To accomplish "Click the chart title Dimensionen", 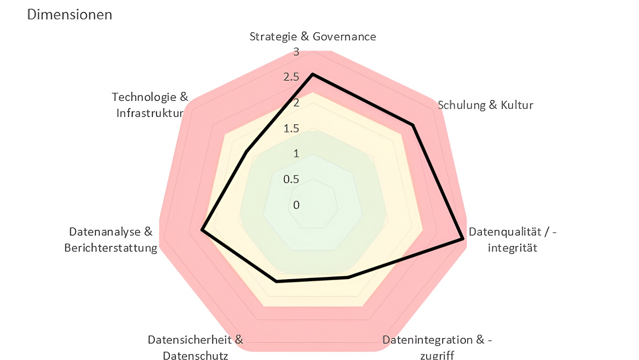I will coord(70,14).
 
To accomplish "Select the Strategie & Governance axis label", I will coord(313,36).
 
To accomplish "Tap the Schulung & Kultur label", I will coord(486,105).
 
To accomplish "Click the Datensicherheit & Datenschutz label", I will coord(196,347).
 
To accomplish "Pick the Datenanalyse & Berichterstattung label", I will coord(111,239).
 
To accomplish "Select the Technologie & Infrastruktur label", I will coord(151,105).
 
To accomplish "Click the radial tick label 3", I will coord(296,52).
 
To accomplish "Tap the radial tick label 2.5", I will coord(292,78).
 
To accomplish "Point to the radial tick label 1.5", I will coord(292,129).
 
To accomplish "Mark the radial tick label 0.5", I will coord(292,179).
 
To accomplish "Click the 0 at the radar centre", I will coord(296,205).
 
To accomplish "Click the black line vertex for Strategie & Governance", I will coord(313,74).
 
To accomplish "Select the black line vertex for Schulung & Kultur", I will coord(412,125).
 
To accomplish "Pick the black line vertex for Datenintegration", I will coord(348,277).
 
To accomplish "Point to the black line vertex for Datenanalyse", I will coord(202,230).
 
